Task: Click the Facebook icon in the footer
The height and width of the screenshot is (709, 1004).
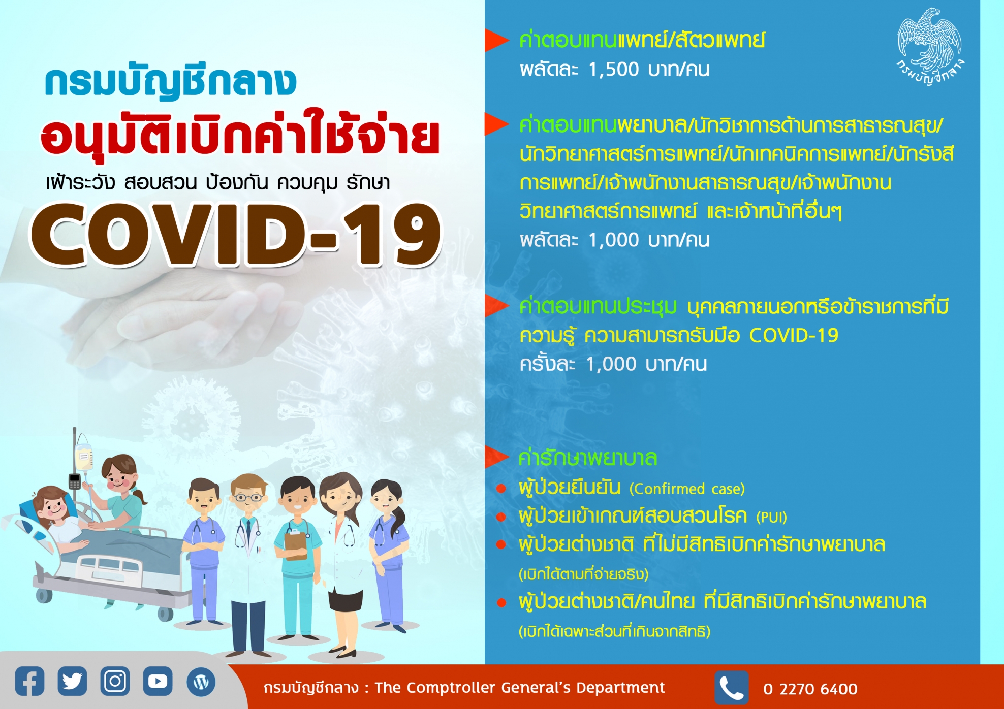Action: coord(29,681)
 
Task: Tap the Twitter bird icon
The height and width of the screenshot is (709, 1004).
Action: coord(72,681)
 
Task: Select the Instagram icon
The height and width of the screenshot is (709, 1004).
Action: coord(115,681)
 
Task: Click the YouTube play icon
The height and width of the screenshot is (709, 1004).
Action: coord(158,681)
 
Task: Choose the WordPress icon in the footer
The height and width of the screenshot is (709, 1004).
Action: coord(201,682)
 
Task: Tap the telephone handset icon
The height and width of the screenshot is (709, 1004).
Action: coord(732,688)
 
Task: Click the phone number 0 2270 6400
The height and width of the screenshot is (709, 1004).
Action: coord(810,689)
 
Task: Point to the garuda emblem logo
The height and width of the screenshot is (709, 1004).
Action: coord(930,46)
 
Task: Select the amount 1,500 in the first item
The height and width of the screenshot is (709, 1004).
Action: coord(614,70)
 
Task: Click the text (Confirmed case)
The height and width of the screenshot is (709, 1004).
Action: coord(687,489)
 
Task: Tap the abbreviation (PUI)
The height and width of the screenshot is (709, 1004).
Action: coord(771,517)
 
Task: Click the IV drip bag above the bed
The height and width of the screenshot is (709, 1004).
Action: coord(84,457)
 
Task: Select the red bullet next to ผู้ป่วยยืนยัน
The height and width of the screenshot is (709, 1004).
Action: coord(501,489)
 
